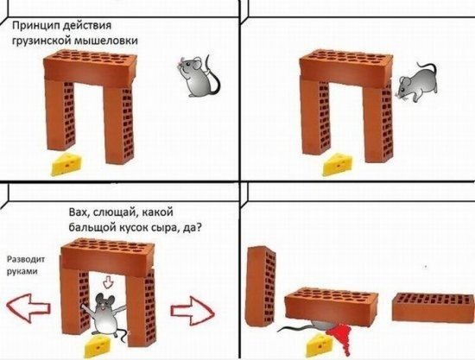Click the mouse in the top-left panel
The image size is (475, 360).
pyautogui.click(x=195, y=76)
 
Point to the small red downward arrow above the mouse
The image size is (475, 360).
pyautogui.click(x=108, y=281)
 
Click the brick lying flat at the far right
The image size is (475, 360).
pyautogui.click(x=428, y=309)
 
